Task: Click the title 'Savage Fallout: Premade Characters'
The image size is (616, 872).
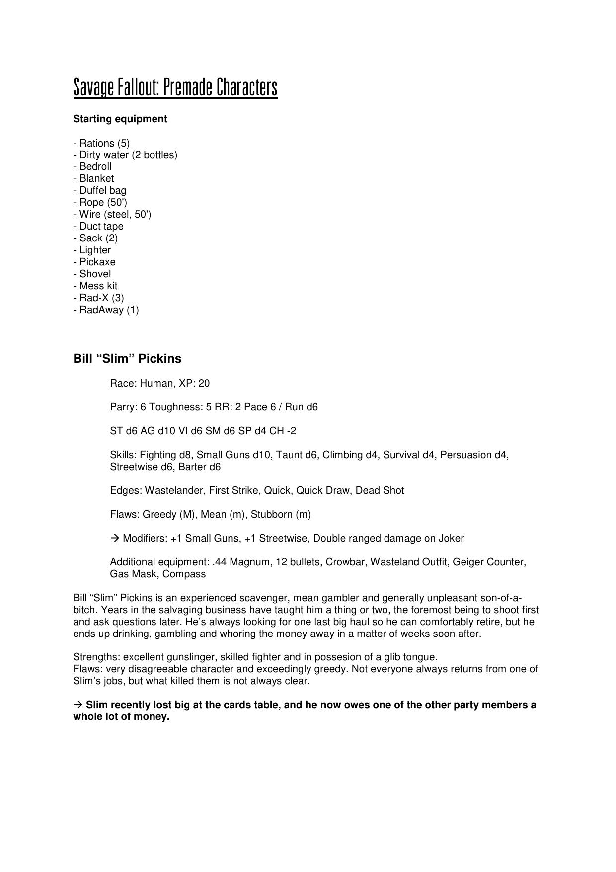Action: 175,87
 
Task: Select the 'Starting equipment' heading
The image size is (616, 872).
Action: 120,119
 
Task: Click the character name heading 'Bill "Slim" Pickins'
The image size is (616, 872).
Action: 127,358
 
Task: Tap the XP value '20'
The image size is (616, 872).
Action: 204,383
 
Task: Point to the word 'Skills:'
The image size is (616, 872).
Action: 123,455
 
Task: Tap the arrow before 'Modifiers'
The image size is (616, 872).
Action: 115,538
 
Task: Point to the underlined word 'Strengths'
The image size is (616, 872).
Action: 95,657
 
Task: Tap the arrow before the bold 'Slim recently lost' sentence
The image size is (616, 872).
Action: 78,705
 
